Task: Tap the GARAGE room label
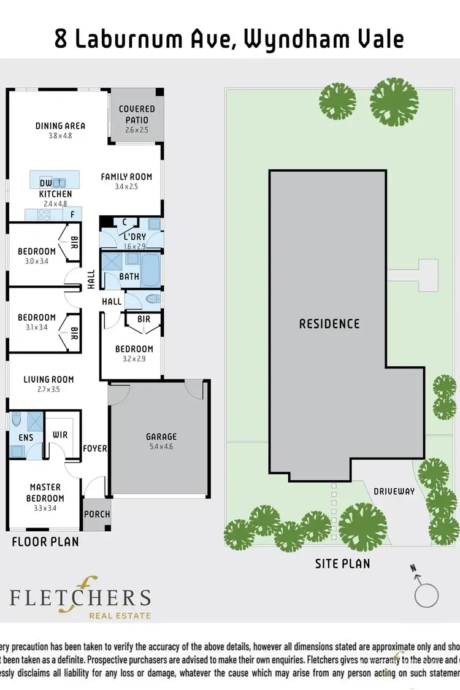[161, 437]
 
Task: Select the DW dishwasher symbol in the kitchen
[45, 183]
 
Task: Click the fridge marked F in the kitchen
[72, 215]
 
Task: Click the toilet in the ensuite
[17, 421]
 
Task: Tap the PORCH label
[96, 514]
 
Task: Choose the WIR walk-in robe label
[60, 435]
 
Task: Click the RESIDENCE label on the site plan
[329, 323]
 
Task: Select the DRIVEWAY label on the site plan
[394, 491]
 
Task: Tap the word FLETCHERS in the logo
[80, 597]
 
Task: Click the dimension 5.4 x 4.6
[161, 448]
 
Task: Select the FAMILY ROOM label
[126, 177]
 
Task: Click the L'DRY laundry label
[134, 236]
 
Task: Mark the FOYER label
[95, 448]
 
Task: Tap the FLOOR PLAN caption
[45, 542]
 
